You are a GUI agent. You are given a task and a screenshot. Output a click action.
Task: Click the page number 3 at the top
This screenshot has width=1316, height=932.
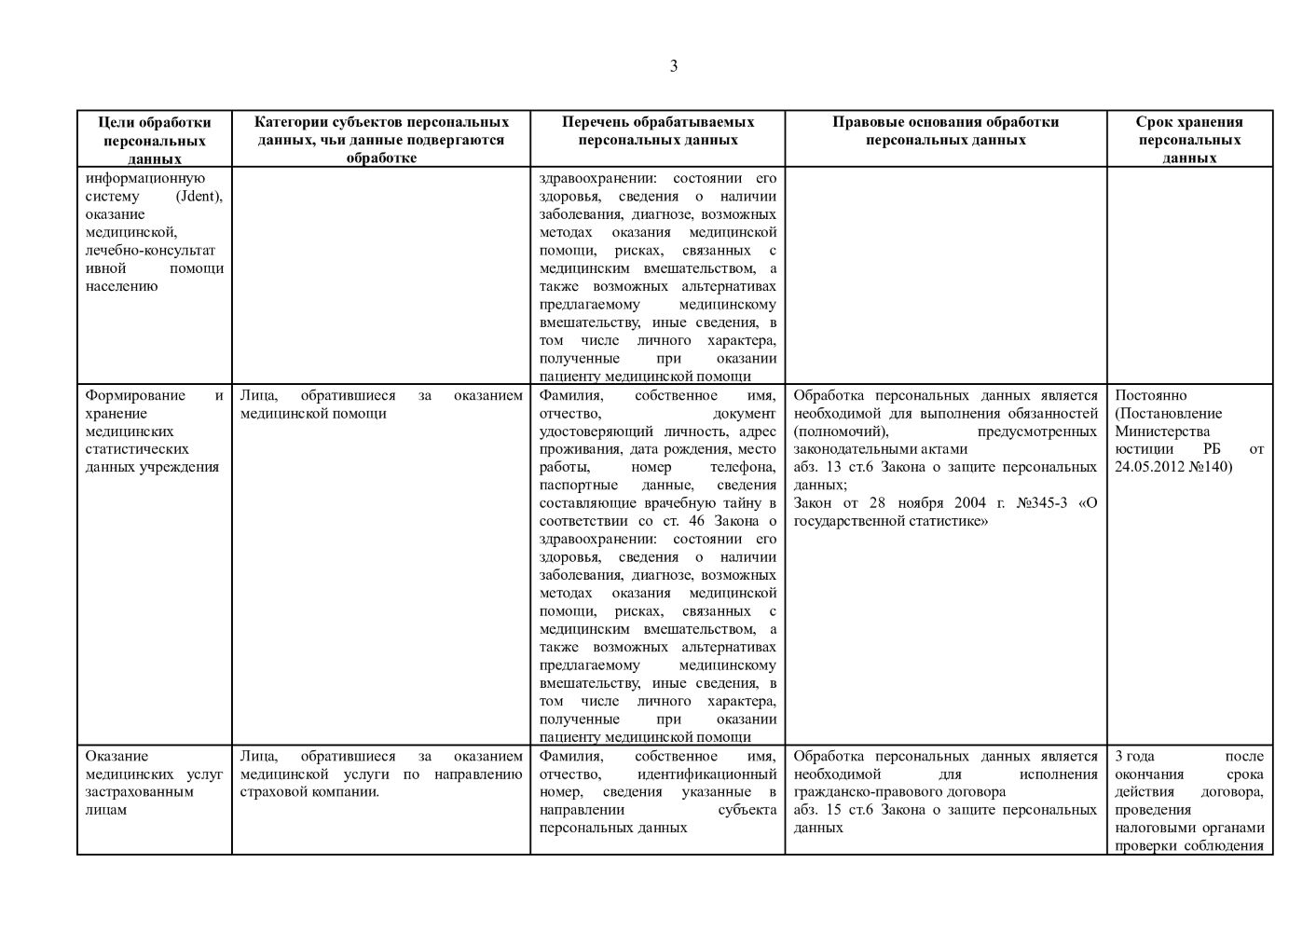tap(673, 66)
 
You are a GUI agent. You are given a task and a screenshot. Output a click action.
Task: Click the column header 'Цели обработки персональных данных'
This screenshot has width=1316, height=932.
tap(155, 140)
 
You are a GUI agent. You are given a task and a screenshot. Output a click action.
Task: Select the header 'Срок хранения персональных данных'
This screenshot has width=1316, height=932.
tap(1189, 140)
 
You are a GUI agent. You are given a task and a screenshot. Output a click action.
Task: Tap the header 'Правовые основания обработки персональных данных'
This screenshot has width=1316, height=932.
tap(945, 130)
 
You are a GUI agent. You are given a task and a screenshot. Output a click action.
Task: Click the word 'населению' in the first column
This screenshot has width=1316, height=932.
tap(121, 286)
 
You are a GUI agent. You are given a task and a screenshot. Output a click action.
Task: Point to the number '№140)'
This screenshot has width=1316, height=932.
tap(1211, 467)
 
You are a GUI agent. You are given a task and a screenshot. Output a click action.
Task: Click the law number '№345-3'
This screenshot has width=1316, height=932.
tap(1042, 503)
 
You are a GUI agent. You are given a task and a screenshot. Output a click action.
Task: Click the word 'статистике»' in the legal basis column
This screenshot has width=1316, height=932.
tap(953, 521)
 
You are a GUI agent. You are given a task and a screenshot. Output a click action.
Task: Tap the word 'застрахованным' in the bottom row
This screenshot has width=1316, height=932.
tap(139, 792)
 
